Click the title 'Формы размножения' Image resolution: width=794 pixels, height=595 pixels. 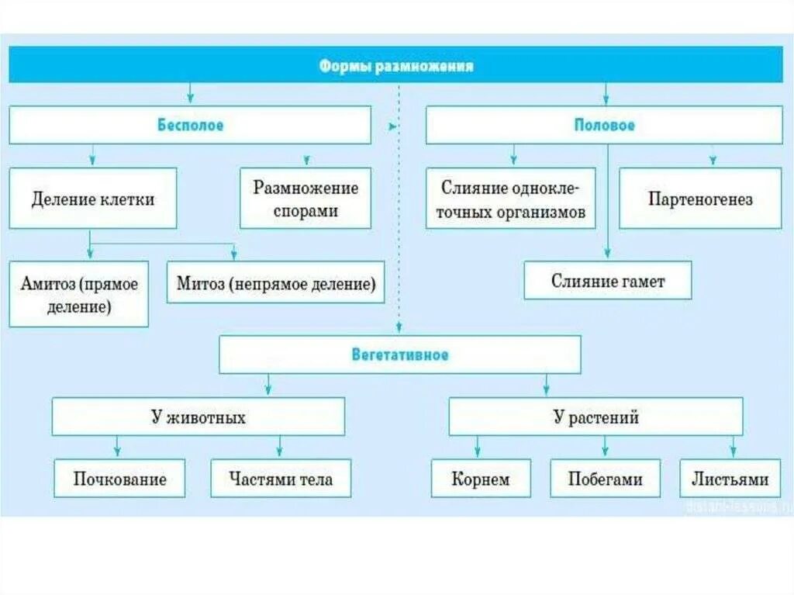click(x=396, y=66)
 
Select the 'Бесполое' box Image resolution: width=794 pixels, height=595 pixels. click(x=190, y=125)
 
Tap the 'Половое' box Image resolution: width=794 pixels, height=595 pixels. click(x=604, y=125)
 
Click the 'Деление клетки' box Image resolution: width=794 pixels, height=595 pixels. click(x=93, y=199)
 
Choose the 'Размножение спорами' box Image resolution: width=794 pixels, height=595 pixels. click(x=306, y=199)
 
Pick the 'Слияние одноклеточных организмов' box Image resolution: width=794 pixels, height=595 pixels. click(x=511, y=199)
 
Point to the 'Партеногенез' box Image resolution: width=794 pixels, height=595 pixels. click(x=700, y=199)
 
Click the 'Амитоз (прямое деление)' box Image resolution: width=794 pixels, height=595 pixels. click(x=79, y=294)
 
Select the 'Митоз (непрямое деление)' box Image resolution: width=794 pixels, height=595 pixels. click(x=276, y=282)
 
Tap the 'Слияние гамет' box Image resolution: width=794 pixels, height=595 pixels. click(x=607, y=281)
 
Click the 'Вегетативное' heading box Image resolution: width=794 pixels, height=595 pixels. click(x=400, y=355)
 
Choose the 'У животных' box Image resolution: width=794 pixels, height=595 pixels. click(x=198, y=417)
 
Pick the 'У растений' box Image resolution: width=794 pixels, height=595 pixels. click(x=595, y=417)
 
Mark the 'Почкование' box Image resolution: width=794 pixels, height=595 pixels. click(x=120, y=478)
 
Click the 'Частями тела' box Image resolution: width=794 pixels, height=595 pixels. click(x=281, y=478)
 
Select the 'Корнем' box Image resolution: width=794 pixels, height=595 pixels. click(x=481, y=478)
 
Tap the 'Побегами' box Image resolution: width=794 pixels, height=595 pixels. click(x=606, y=478)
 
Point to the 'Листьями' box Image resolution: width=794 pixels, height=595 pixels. click(x=730, y=478)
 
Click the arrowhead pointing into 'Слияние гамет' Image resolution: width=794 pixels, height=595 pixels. click(x=607, y=254)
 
